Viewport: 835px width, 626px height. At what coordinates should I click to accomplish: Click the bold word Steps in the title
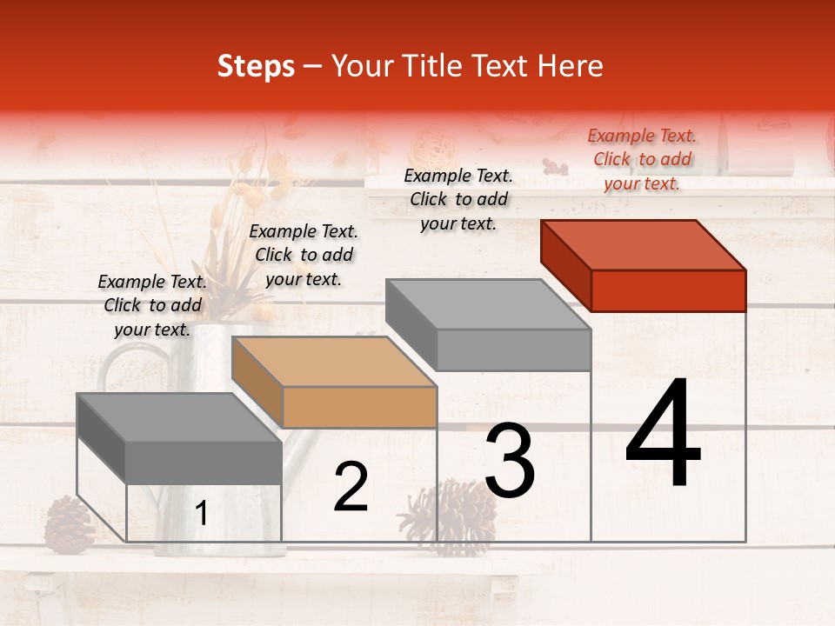click(256, 66)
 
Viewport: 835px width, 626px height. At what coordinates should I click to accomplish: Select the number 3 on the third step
click(510, 461)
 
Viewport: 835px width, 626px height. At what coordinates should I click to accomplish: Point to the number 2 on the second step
click(351, 488)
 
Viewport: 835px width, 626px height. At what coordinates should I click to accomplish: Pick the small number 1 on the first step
click(201, 514)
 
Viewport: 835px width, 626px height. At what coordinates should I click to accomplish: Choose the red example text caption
click(642, 159)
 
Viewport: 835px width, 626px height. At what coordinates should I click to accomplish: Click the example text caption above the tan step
click(304, 255)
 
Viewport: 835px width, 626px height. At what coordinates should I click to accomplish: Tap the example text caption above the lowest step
click(152, 305)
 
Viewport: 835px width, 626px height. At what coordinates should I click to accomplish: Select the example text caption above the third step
click(458, 199)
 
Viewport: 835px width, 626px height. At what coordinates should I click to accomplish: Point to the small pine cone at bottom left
click(69, 524)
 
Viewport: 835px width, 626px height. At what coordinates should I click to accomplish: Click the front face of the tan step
click(359, 408)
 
